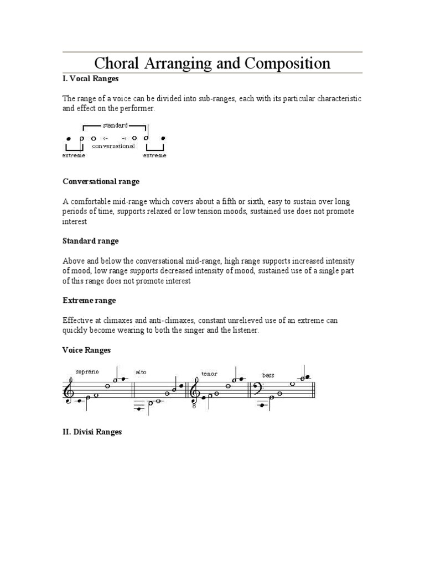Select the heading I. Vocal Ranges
point(90,79)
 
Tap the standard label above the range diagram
point(115,125)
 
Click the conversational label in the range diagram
point(113,146)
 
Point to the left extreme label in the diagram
point(73,156)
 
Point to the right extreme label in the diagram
point(154,156)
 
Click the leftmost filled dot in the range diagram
point(69,138)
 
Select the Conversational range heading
point(101,181)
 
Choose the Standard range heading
point(90,241)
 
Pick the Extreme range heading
point(89,301)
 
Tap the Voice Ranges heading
point(86,350)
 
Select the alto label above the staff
point(141,372)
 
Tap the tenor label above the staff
point(209,374)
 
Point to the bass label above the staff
point(268,375)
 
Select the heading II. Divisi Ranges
point(92,432)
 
